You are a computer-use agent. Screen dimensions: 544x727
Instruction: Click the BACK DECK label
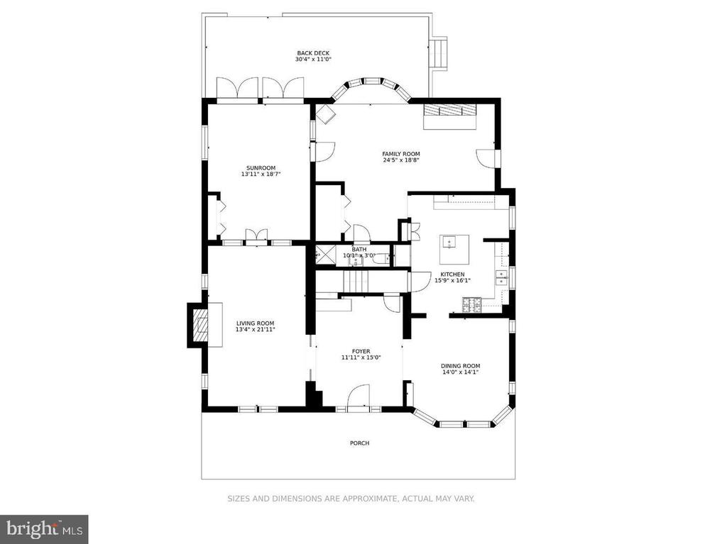coord(312,53)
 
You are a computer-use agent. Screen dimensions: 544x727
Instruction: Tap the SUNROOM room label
coord(256,168)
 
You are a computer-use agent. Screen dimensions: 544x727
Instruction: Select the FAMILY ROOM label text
coord(401,154)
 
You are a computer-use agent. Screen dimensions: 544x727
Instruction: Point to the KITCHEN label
coord(452,274)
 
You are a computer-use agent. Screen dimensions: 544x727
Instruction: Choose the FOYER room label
coord(361,351)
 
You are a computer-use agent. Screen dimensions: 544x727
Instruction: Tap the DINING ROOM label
coord(460,366)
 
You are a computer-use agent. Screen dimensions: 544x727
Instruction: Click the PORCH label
coord(359,443)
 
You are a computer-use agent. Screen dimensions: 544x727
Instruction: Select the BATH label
coord(359,250)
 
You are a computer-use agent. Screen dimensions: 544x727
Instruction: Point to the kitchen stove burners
coord(471,306)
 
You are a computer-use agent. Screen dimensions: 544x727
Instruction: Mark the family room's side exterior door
coord(487,157)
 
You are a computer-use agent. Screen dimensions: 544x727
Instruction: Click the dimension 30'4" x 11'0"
coord(312,60)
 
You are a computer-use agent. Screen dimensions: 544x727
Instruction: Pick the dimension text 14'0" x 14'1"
coord(460,372)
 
